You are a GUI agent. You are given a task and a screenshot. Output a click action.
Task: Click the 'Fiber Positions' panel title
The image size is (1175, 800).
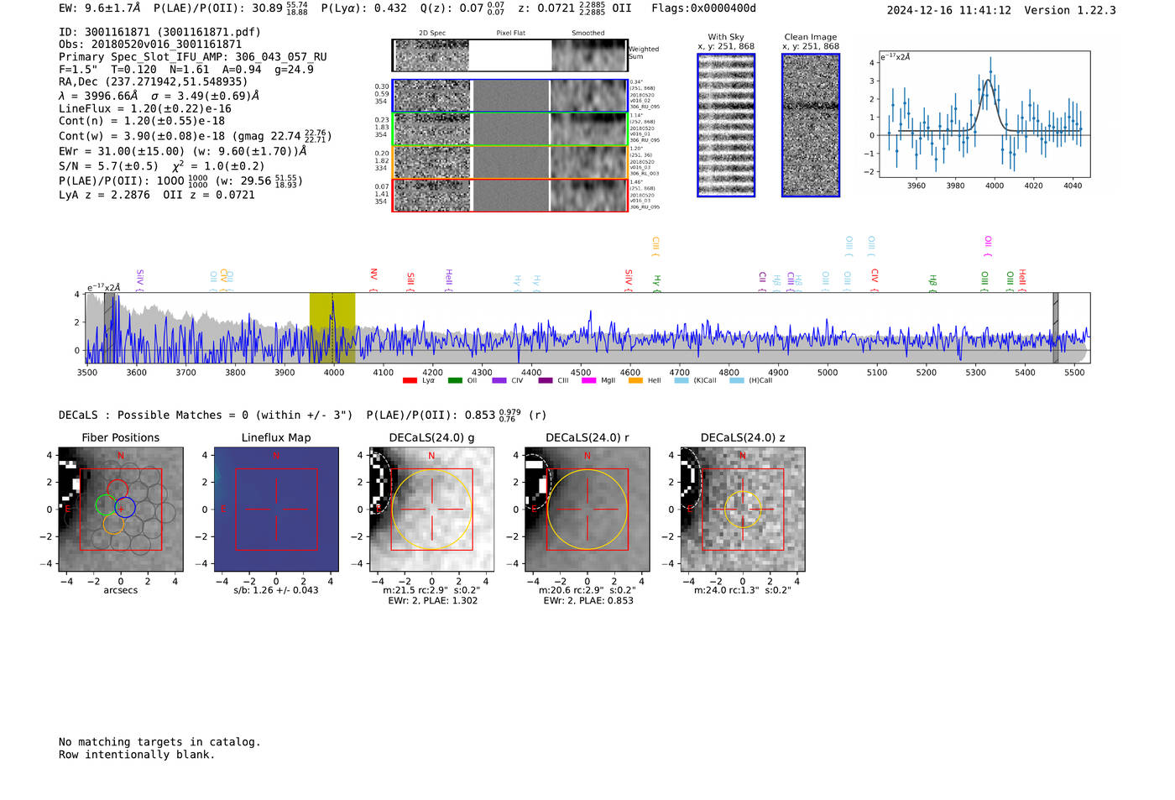click(x=120, y=437)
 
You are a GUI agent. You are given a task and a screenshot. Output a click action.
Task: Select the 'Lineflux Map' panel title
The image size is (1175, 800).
click(x=275, y=437)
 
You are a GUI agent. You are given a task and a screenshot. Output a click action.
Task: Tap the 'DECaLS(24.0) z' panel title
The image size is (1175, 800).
click(x=742, y=437)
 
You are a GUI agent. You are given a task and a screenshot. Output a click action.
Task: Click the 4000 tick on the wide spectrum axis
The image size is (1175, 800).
click(x=333, y=372)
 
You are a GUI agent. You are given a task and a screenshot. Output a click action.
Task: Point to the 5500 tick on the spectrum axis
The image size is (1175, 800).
click(x=1074, y=372)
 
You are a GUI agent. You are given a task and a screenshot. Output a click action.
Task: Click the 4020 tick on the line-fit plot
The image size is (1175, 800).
click(x=1033, y=186)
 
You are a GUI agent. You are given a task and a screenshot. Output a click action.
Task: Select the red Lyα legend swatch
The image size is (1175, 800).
click(x=410, y=381)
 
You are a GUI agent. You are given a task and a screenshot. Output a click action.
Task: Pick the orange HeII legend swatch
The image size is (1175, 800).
click(x=635, y=381)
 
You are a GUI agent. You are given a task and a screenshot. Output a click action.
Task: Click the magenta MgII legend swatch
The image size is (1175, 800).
click(x=588, y=381)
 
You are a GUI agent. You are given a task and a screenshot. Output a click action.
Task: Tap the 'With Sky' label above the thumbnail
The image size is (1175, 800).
click(x=725, y=37)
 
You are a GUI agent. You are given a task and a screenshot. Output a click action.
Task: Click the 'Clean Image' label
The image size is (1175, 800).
click(x=810, y=37)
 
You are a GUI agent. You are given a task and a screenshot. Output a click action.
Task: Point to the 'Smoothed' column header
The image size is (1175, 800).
click(x=587, y=34)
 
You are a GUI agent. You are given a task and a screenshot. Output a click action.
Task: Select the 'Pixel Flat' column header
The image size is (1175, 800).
click(x=510, y=34)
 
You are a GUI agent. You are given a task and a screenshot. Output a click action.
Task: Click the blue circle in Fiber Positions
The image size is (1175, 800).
click(x=125, y=506)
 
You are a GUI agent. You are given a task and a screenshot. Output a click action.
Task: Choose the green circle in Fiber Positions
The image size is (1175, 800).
click(x=106, y=505)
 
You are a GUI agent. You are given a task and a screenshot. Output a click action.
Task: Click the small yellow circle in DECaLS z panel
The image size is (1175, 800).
click(x=742, y=510)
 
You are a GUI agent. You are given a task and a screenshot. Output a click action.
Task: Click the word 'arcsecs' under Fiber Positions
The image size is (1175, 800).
click(x=120, y=590)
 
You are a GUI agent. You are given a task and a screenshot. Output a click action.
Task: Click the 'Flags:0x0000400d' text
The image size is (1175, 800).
click(x=703, y=8)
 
